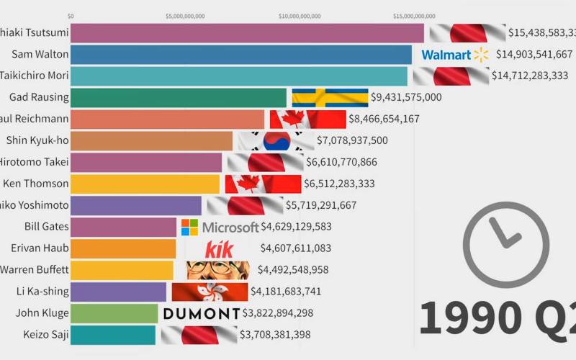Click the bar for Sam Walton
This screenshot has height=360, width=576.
[241, 54]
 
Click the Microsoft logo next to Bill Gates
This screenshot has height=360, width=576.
[220, 228]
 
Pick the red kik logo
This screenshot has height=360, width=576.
[219, 249]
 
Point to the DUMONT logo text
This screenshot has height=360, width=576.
[202, 313]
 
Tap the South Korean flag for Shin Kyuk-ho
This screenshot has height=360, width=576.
[276, 140]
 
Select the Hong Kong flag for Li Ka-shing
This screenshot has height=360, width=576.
[209, 292]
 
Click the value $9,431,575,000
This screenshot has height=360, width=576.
[406, 97]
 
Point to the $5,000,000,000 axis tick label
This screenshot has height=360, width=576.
[185, 15]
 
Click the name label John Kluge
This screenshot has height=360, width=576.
[42, 312]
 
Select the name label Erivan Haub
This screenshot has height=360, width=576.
[40, 248]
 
